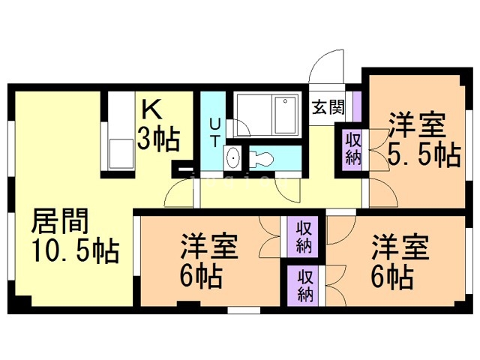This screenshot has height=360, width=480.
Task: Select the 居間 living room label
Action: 60,222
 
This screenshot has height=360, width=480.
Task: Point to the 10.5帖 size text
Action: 74,251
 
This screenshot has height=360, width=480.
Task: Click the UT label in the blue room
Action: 214,132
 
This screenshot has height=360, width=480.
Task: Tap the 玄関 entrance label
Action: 328,106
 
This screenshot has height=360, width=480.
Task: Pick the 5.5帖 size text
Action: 423,155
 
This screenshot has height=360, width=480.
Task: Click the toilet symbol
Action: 263,157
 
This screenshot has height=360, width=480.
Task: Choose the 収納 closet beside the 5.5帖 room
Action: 353,148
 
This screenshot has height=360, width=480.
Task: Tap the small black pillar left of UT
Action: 180,169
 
